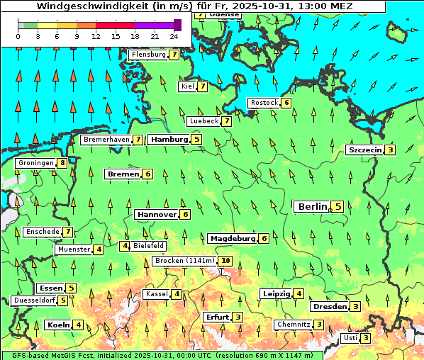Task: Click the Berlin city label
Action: pyautogui.click(x=312, y=207)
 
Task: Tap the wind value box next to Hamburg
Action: pyautogui.click(x=196, y=140)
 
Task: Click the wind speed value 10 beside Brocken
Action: pyautogui.click(x=225, y=261)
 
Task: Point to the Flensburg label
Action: pyautogui.click(x=148, y=55)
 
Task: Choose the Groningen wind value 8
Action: pyautogui.click(x=62, y=163)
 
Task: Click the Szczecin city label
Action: pyautogui.click(x=364, y=150)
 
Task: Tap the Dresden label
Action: pyautogui.click(x=329, y=306)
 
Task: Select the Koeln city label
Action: pyautogui.click(x=57, y=325)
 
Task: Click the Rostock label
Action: pyautogui.click(x=264, y=103)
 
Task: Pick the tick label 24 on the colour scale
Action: pyautogui.click(x=174, y=35)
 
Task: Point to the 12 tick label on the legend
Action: pyautogui.click(x=96, y=35)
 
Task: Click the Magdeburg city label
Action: pyautogui.click(x=232, y=238)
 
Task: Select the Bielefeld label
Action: pyautogui.click(x=148, y=246)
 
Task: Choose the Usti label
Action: pyautogui.click(x=350, y=338)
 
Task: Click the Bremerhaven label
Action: pyautogui.click(x=106, y=140)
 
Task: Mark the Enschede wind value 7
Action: pyautogui.click(x=67, y=231)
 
